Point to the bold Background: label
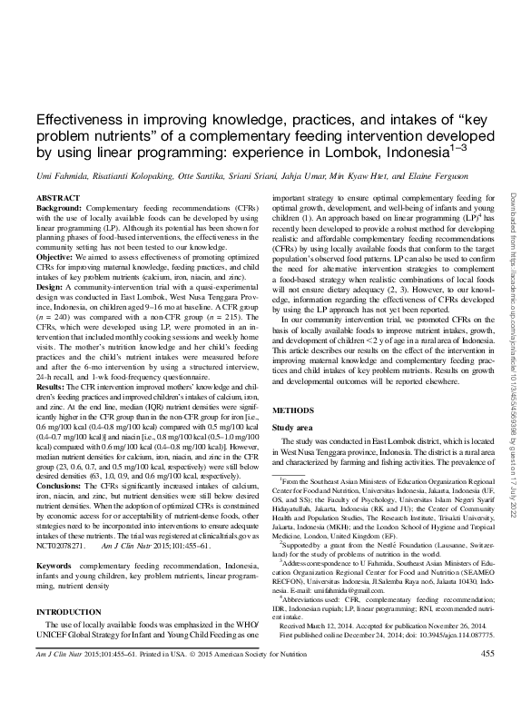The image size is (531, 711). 57,207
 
